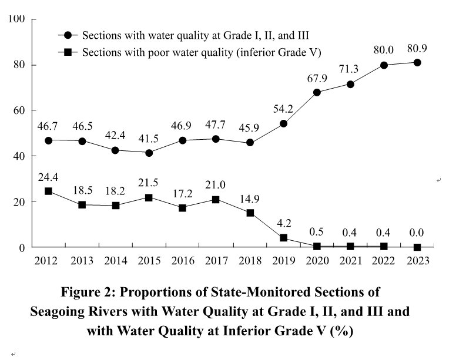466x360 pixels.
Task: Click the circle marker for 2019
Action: (283, 123)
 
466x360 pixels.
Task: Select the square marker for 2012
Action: (48, 191)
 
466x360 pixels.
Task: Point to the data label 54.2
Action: (283, 109)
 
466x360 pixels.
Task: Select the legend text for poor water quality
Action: (201, 52)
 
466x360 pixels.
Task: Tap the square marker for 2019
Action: (283, 238)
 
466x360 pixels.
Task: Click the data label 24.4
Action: (48, 175)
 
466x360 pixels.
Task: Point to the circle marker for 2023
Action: (417, 62)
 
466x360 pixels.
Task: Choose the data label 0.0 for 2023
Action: (417, 233)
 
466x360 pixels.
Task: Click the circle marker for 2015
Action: (149, 153)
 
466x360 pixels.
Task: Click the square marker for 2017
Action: (216, 200)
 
